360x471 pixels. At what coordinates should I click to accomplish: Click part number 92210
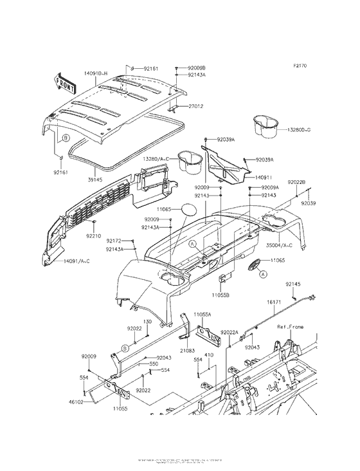94,236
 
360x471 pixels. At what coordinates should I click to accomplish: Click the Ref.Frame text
290,327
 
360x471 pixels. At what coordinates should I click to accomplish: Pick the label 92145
293,284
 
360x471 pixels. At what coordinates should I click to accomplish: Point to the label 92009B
197,68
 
